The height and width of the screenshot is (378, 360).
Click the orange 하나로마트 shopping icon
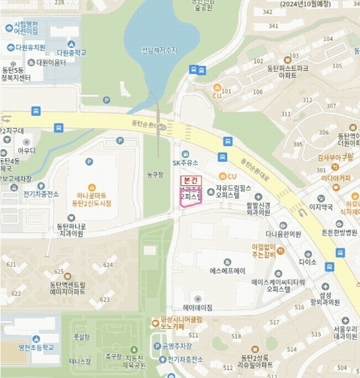[x=92, y=187]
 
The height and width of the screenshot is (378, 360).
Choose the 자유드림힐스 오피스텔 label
[x=236, y=192]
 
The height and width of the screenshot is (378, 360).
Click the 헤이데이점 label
[x=197, y=307]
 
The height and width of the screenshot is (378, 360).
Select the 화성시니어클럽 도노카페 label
[x=176, y=323]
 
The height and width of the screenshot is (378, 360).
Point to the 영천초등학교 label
[x=36, y=347]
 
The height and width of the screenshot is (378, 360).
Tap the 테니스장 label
[x=80, y=362]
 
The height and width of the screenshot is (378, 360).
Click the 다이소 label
[x=308, y=261]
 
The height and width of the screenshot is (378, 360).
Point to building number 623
[x=105, y=300]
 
